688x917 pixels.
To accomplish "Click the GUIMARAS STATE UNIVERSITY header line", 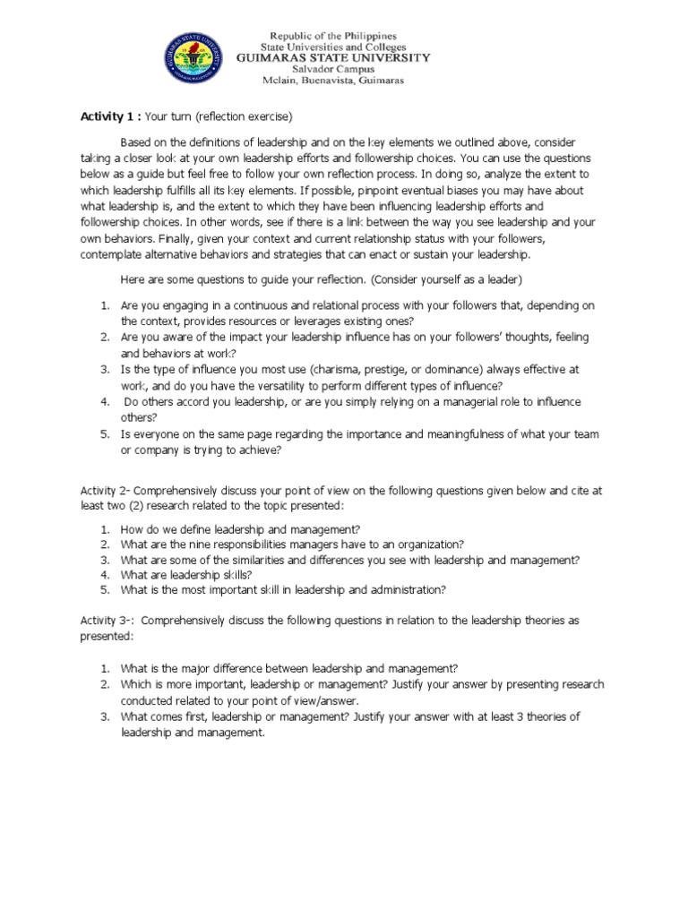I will (x=332, y=57).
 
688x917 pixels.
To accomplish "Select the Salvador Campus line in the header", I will (x=332, y=68).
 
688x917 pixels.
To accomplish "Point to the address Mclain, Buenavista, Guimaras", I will (x=332, y=80).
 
